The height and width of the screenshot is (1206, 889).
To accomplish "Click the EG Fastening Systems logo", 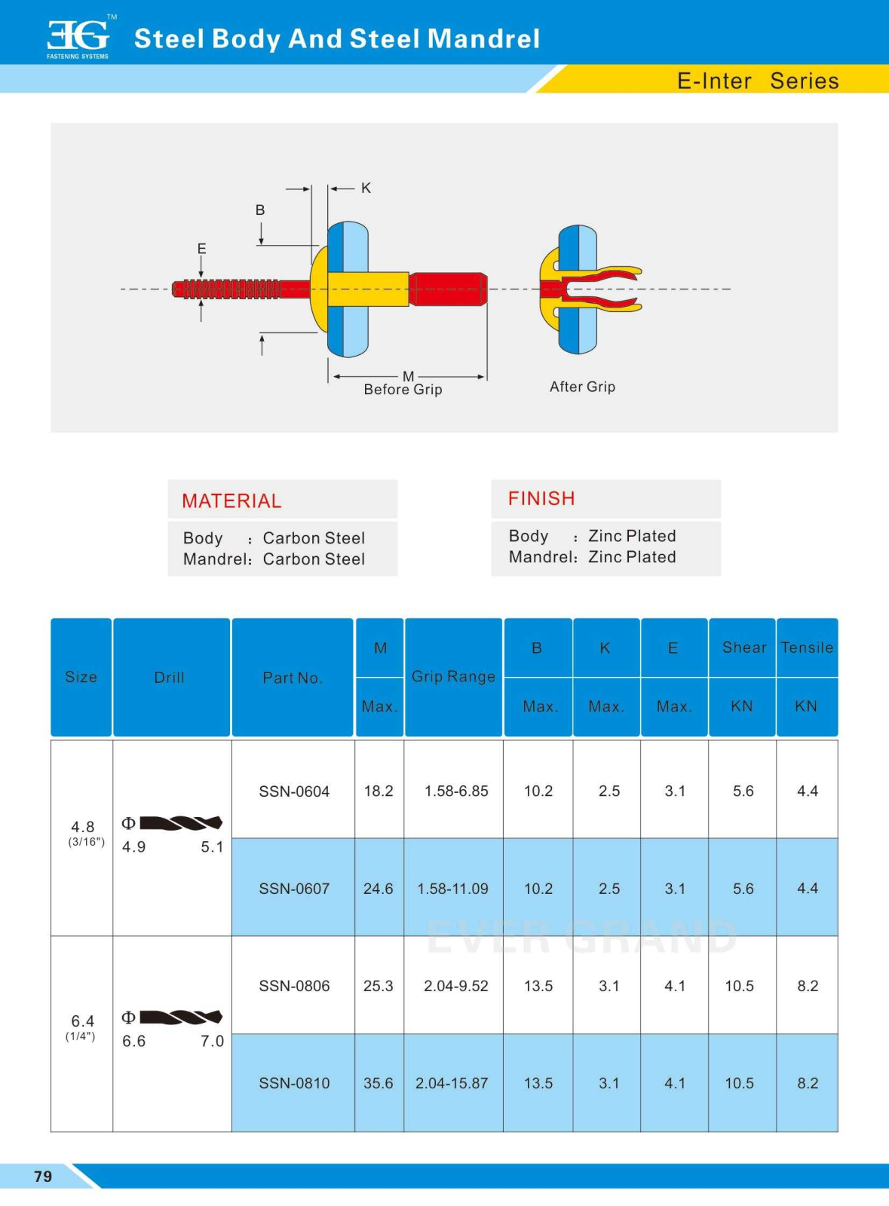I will coord(79,38).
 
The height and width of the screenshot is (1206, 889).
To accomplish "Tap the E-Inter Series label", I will coord(757,81).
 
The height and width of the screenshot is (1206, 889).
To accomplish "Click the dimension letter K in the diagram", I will coord(366,188).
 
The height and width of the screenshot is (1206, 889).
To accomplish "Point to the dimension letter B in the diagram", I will coord(260,210).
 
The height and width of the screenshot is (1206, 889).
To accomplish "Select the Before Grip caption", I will coord(403,390).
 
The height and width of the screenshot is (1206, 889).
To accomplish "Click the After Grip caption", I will coord(582,387).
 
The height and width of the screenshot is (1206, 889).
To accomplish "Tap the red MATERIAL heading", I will coord(231,500).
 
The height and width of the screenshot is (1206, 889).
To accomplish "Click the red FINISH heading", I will coord(541,498).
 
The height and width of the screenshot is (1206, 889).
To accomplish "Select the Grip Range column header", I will coord(453,676).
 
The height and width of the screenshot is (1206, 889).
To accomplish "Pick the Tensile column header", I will coord(807,647).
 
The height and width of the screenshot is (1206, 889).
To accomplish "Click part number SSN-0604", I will coord(294,791).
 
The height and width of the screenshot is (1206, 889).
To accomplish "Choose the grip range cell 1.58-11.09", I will coord(452,889).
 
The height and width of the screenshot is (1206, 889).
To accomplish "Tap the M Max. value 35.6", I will coord(379,1083).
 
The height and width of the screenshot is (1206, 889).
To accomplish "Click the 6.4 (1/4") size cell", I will coord(82,1027).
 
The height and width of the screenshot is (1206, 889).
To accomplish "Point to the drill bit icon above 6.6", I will coord(181,1017).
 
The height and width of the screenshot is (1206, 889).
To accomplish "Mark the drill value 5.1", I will coord(212,847).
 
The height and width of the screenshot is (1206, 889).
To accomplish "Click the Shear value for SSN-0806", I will coord(740,986).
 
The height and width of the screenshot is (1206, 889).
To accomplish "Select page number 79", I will coord(43,1176).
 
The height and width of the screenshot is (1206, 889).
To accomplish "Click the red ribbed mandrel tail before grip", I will coord(226,289).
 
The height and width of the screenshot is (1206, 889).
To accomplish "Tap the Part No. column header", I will coord(293,678).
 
